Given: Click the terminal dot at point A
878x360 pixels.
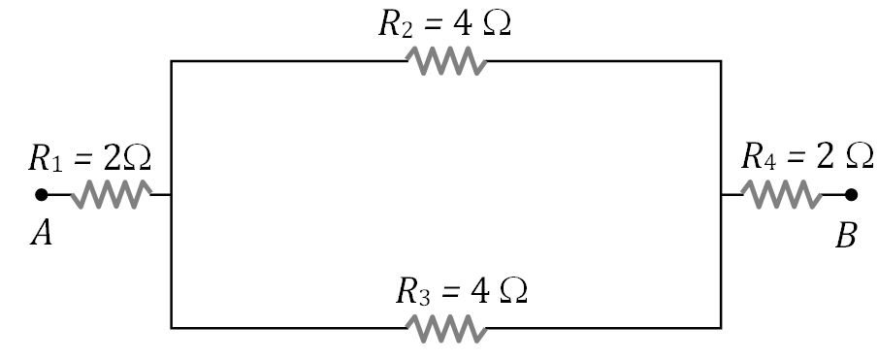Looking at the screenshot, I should tap(42, 194).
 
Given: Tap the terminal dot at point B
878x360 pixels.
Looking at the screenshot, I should tap(851, 194).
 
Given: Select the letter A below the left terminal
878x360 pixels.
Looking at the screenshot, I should tap(41, 236).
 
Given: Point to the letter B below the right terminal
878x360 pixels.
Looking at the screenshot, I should tap(846, 237).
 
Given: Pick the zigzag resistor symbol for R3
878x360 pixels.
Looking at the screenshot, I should tap(445, 328).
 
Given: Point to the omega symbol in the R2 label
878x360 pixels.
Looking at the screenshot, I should tap(496, 25).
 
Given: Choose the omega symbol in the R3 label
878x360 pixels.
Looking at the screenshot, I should tap(513, 291).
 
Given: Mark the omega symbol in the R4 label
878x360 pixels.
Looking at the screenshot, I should tap(859, 155).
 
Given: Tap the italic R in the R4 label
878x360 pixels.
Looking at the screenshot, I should tap(752, 155).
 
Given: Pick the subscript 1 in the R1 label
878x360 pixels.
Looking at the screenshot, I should tap(56, 164).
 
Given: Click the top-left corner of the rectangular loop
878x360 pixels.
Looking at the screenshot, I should tap(172, 61).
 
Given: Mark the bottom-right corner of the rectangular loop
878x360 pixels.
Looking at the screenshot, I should tap(721, 328).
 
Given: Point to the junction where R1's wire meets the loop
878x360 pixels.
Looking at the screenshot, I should tap(172, 194).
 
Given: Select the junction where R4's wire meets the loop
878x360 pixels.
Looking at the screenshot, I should tap(721, 194).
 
